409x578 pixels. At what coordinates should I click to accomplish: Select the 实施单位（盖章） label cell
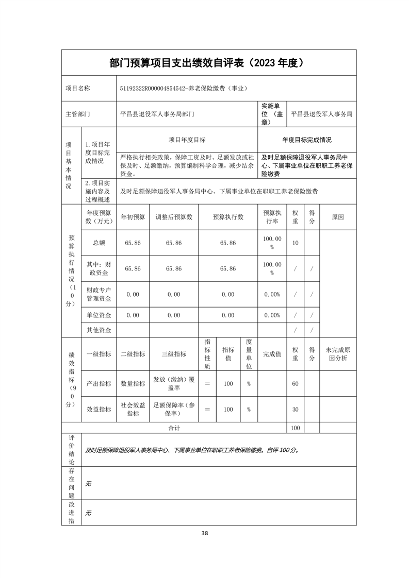click(x=272, y=114)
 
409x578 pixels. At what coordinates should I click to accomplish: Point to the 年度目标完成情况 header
click(x=307, y=140)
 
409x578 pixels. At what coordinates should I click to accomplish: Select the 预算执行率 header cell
click(x=272, y=217)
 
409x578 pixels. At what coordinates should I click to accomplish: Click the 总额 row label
click(x=99, y=243)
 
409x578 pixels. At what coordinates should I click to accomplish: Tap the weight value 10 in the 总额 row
click(x=296, y=243)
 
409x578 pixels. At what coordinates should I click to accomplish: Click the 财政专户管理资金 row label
click(x=99, y=294)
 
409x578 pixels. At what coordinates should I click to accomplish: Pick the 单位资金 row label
click(x=99, y=315)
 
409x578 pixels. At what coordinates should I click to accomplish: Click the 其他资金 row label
click(x=99, y=330)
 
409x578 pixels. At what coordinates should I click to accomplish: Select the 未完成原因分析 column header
click(x=338, y=354)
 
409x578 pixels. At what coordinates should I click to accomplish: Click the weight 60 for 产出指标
click(x=296, y=384)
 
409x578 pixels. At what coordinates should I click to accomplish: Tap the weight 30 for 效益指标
click(x=296, y=410)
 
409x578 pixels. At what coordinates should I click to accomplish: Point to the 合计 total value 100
click(x=296, y=428)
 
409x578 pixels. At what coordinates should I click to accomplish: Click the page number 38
click(x=205, y=533)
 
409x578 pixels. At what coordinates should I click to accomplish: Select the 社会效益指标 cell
click(x=133, y=410)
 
